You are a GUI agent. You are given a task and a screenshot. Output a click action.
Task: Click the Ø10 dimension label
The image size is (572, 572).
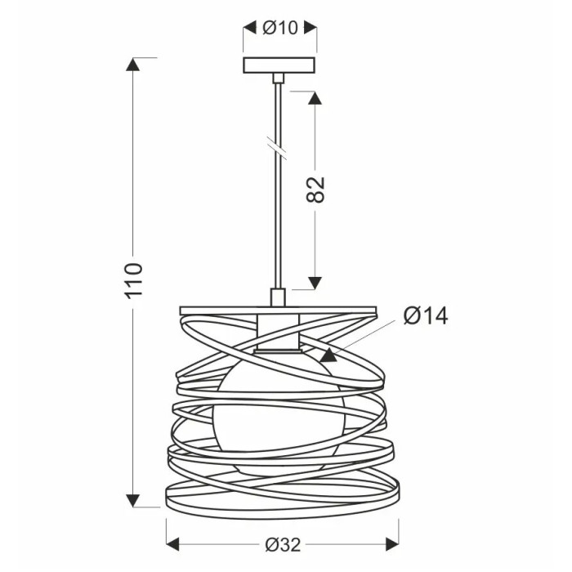(280, 27)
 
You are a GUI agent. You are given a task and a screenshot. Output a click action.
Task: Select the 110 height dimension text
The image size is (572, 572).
(133, 280)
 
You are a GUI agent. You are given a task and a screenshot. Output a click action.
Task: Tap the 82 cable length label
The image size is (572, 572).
(315, 190)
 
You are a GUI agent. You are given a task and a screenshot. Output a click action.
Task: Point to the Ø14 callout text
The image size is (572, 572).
(426, 315)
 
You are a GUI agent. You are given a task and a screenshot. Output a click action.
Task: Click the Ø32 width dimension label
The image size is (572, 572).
(283, 545)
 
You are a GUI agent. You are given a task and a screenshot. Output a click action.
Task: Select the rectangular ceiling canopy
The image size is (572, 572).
(279, 65)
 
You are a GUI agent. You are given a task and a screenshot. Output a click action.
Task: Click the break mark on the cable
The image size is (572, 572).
(277, 147)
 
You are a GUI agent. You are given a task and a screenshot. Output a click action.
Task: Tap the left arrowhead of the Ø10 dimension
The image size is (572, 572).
(250, 27)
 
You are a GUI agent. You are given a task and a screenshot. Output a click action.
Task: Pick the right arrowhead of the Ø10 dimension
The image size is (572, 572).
(310, 27)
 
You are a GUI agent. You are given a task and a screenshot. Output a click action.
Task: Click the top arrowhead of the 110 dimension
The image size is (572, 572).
(132, 65)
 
